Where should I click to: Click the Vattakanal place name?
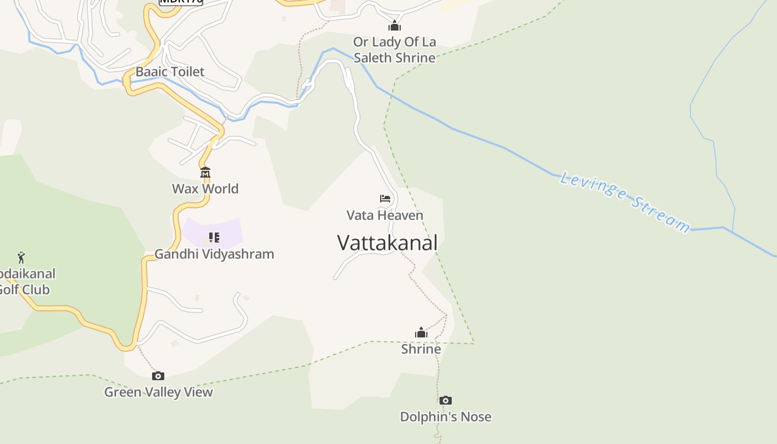387,243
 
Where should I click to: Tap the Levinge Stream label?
625,201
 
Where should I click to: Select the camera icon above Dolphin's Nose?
445,401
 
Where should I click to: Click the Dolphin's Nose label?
446,417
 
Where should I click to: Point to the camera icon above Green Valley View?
158,376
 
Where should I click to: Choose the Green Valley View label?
159,392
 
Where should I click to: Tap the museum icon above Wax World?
205,173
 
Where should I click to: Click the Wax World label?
205,189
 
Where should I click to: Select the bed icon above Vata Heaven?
385,199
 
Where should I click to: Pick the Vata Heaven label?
385,215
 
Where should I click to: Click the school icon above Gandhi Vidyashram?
214,238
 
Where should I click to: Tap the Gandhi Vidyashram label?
214,254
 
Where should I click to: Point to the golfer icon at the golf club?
21,258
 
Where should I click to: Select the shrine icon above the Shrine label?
421,333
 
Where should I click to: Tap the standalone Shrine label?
421,349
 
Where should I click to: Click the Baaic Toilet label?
170,72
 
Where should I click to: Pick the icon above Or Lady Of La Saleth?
395,26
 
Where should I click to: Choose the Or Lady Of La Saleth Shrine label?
395,50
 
